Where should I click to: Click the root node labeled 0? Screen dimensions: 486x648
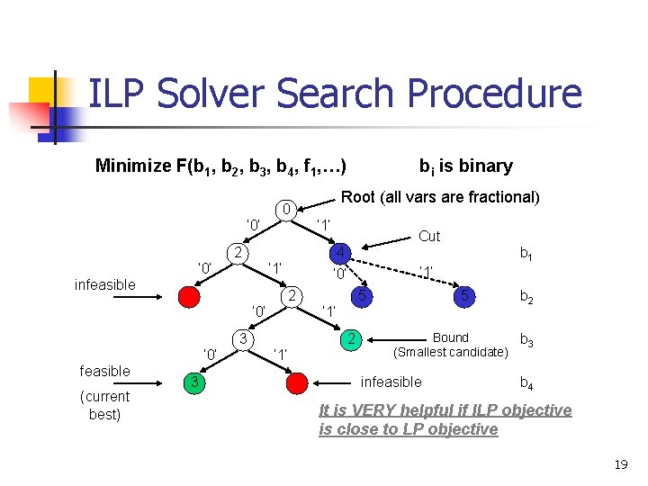coord(285,211)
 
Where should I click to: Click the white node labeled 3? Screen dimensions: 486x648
coord(242,338)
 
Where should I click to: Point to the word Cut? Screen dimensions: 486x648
coord(429,236)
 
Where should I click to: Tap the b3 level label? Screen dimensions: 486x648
coord(526,339)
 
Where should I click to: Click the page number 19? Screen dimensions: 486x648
coord(620,464)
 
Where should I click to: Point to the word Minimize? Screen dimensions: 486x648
coord(133,166)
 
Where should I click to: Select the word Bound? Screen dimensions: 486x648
coord(450,337)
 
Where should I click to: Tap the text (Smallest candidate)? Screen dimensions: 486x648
coord(450,352)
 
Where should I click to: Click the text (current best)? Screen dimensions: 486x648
coord(104,405)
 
